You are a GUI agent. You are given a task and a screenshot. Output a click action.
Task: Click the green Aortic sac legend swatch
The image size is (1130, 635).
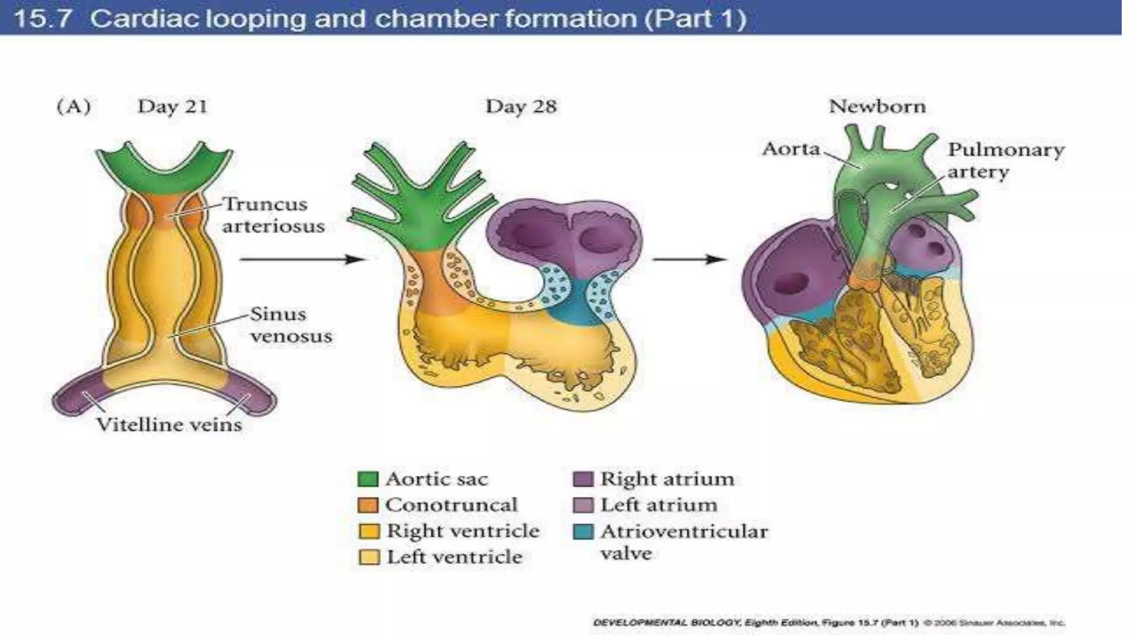click(368, 478)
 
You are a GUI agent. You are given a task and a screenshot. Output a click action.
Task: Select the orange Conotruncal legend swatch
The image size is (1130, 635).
click(368, 504)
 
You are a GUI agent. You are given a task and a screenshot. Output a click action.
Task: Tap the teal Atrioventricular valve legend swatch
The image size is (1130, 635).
click(583, 531)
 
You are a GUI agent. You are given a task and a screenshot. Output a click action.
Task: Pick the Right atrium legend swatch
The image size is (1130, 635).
click(583, 478)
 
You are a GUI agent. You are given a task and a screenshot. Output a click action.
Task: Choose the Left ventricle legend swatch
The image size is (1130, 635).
click(369, 557)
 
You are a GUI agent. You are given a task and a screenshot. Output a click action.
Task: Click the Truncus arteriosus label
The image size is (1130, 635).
click(273, 215)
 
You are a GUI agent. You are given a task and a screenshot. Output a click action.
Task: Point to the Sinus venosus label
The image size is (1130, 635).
click(291, 325)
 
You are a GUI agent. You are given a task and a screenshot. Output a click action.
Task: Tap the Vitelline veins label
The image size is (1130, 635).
click(169, 424)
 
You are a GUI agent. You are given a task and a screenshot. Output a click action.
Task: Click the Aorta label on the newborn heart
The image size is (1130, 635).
click(791, 149)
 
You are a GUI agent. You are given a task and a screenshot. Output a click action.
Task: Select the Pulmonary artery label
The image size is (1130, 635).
click(1005, 160)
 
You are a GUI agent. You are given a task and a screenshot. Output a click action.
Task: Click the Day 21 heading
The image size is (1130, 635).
click(172, 106)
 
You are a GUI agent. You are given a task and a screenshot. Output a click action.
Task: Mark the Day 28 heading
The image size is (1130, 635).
click(521, 106)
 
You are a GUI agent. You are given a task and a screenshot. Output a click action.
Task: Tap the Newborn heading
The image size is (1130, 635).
click(877, 106)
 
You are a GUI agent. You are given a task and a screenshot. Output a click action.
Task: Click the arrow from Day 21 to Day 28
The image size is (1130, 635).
click(302, 259)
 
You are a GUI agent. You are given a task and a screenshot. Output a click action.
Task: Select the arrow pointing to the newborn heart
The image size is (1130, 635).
click(689, 259)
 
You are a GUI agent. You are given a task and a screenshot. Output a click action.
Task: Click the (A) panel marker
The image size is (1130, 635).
click(73, 106)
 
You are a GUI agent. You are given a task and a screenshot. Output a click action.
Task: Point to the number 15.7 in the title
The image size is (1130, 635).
click(42, 18)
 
